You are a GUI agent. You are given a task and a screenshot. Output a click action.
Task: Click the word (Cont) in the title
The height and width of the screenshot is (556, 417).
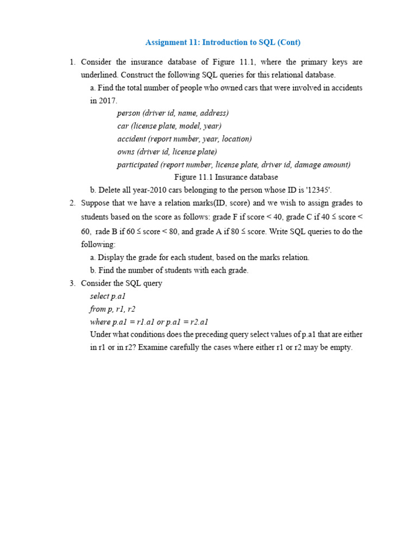(288, 42)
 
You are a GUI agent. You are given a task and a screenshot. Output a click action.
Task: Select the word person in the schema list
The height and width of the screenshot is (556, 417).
(128, 113)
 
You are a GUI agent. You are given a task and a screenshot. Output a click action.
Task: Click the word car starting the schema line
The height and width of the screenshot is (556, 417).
(123, 126)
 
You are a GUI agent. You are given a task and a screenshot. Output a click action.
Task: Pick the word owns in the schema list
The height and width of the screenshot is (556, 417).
(126, 152)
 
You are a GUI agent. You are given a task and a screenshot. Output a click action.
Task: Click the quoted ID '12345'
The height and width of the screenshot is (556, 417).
(337, 190)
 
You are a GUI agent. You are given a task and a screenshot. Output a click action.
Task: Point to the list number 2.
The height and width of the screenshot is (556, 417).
(73, 203)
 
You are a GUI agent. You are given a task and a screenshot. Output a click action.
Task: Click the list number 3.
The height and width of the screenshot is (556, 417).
(73, 283)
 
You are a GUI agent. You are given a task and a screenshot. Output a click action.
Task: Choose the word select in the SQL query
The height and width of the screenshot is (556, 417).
(99, 296)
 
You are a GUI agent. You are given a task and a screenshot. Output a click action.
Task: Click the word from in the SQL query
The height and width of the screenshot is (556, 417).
(98, 309)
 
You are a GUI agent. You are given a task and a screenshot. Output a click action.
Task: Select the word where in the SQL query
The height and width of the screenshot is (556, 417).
(100, 322)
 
